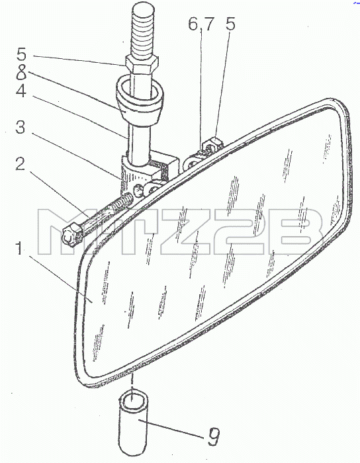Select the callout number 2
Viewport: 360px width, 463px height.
(20, 165)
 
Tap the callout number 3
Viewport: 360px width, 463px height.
(20, 127)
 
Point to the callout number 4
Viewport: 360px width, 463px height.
(21, 91)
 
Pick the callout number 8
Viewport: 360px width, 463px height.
(21, 72)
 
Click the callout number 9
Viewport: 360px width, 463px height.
(213, 437)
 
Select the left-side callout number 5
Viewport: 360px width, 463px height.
(21, 55)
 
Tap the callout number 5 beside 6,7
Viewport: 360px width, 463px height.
(230, 24)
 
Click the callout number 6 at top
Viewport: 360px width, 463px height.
(193, 24)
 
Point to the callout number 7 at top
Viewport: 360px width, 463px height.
(208, 24)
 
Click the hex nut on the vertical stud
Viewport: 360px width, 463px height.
(142, 66)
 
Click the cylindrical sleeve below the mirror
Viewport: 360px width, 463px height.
(133, 423)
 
